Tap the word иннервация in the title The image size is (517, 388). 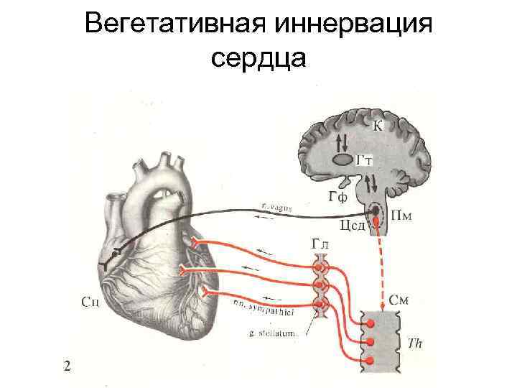tap(350, 23)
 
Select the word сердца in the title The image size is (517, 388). tap(258, 57)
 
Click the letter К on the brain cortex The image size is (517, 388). tap(378, 126)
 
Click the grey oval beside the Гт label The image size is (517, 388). tap(342, 159)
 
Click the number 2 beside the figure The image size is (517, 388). tap(67, 366)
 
